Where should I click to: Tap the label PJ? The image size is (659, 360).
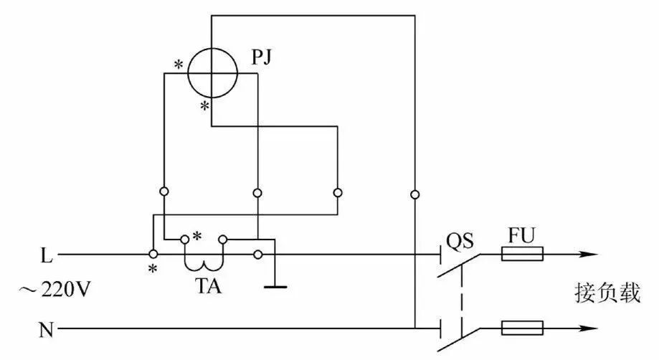[x=262, y=58]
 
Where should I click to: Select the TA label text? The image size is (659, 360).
[x=208, y=286]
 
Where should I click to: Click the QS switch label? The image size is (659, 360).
[x=460, y=241]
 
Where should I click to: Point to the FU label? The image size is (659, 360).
[x=521, y=236]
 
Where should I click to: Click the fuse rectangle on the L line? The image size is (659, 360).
[x=522, y=254]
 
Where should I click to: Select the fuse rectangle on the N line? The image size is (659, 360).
[x=522, y=328]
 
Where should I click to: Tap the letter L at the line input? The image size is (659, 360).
[x=46, y=255]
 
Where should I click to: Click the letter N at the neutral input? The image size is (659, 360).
[x=46, y=330]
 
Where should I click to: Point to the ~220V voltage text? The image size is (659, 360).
[x=54, y=290]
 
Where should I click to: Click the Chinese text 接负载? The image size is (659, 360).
[x=607, y=293]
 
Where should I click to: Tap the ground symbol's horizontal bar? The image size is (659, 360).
[x=275, y=287]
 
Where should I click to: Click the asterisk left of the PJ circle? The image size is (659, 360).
[x=179, y=65]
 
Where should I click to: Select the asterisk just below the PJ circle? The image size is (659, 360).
[x=204, y=106]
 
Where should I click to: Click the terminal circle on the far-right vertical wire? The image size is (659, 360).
[x=414, y=194]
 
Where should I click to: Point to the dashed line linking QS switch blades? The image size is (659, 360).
[x=462, y=294]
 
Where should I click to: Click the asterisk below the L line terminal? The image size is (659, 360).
[x=153, y=268]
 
